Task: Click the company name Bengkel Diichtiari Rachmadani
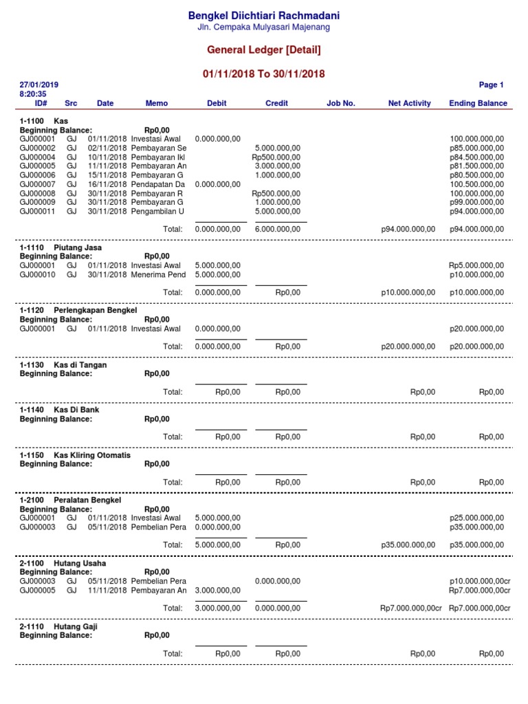pyautogui.click(x=265, y=15)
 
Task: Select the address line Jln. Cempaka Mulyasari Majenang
pyautogui.click(x=265, y=27)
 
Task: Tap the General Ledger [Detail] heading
pyautogui.click(x=265, y=50)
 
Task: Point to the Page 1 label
pyautogui.click(x=491, y=85)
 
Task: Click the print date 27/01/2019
pyautogui.click(x=39, y=85)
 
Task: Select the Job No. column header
pyautogui.click(x=340, y=104)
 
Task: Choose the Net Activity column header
pyautogui.click(x=409, y=104)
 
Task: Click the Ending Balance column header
pyautogui.click(x=478, y=104)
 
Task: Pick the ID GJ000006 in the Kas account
pyautogui.click(x=37, y=175)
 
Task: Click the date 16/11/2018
pyautogui.click(x=108, y=184)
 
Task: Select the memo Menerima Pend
pyautogui.click(x=158, y=275)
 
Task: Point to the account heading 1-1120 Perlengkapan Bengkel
pyautogui.click(x=78, y=311)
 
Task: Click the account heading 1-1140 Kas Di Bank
pyautogui.click(x=59, y=410)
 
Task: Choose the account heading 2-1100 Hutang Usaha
pyautogui.click(x=63, y=564)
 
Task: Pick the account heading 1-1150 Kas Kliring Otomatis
pyautogui.click(x=75, y=456)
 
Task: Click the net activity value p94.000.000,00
pyautogui.click(x=408, y=229)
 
